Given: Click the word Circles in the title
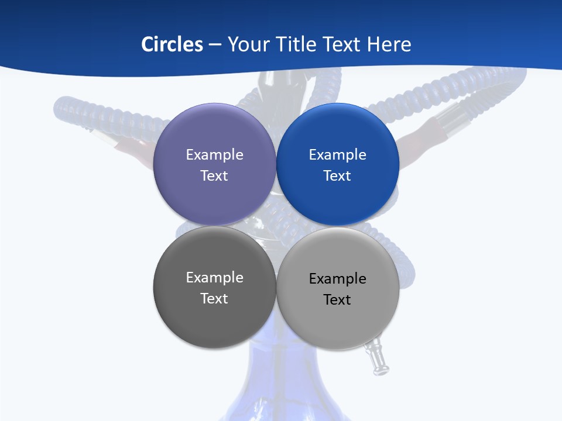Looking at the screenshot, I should click(x=172, y=44).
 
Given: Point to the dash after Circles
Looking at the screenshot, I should click(x=215, y=45).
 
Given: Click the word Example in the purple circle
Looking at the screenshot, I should click(x=214, y=155).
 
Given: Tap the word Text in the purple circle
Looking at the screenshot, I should click(x=214, y=176).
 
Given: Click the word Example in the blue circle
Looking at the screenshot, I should click(x=338, y=155).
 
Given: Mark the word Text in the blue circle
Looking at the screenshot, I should click(x=338, y=176).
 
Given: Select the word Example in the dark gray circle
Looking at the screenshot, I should click(x=214, y=278).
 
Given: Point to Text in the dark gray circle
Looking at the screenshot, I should click(x=214, y=299).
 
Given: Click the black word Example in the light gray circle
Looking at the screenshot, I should click(x=338, y=279).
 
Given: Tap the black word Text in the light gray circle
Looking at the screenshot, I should click(x=338, y=300).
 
